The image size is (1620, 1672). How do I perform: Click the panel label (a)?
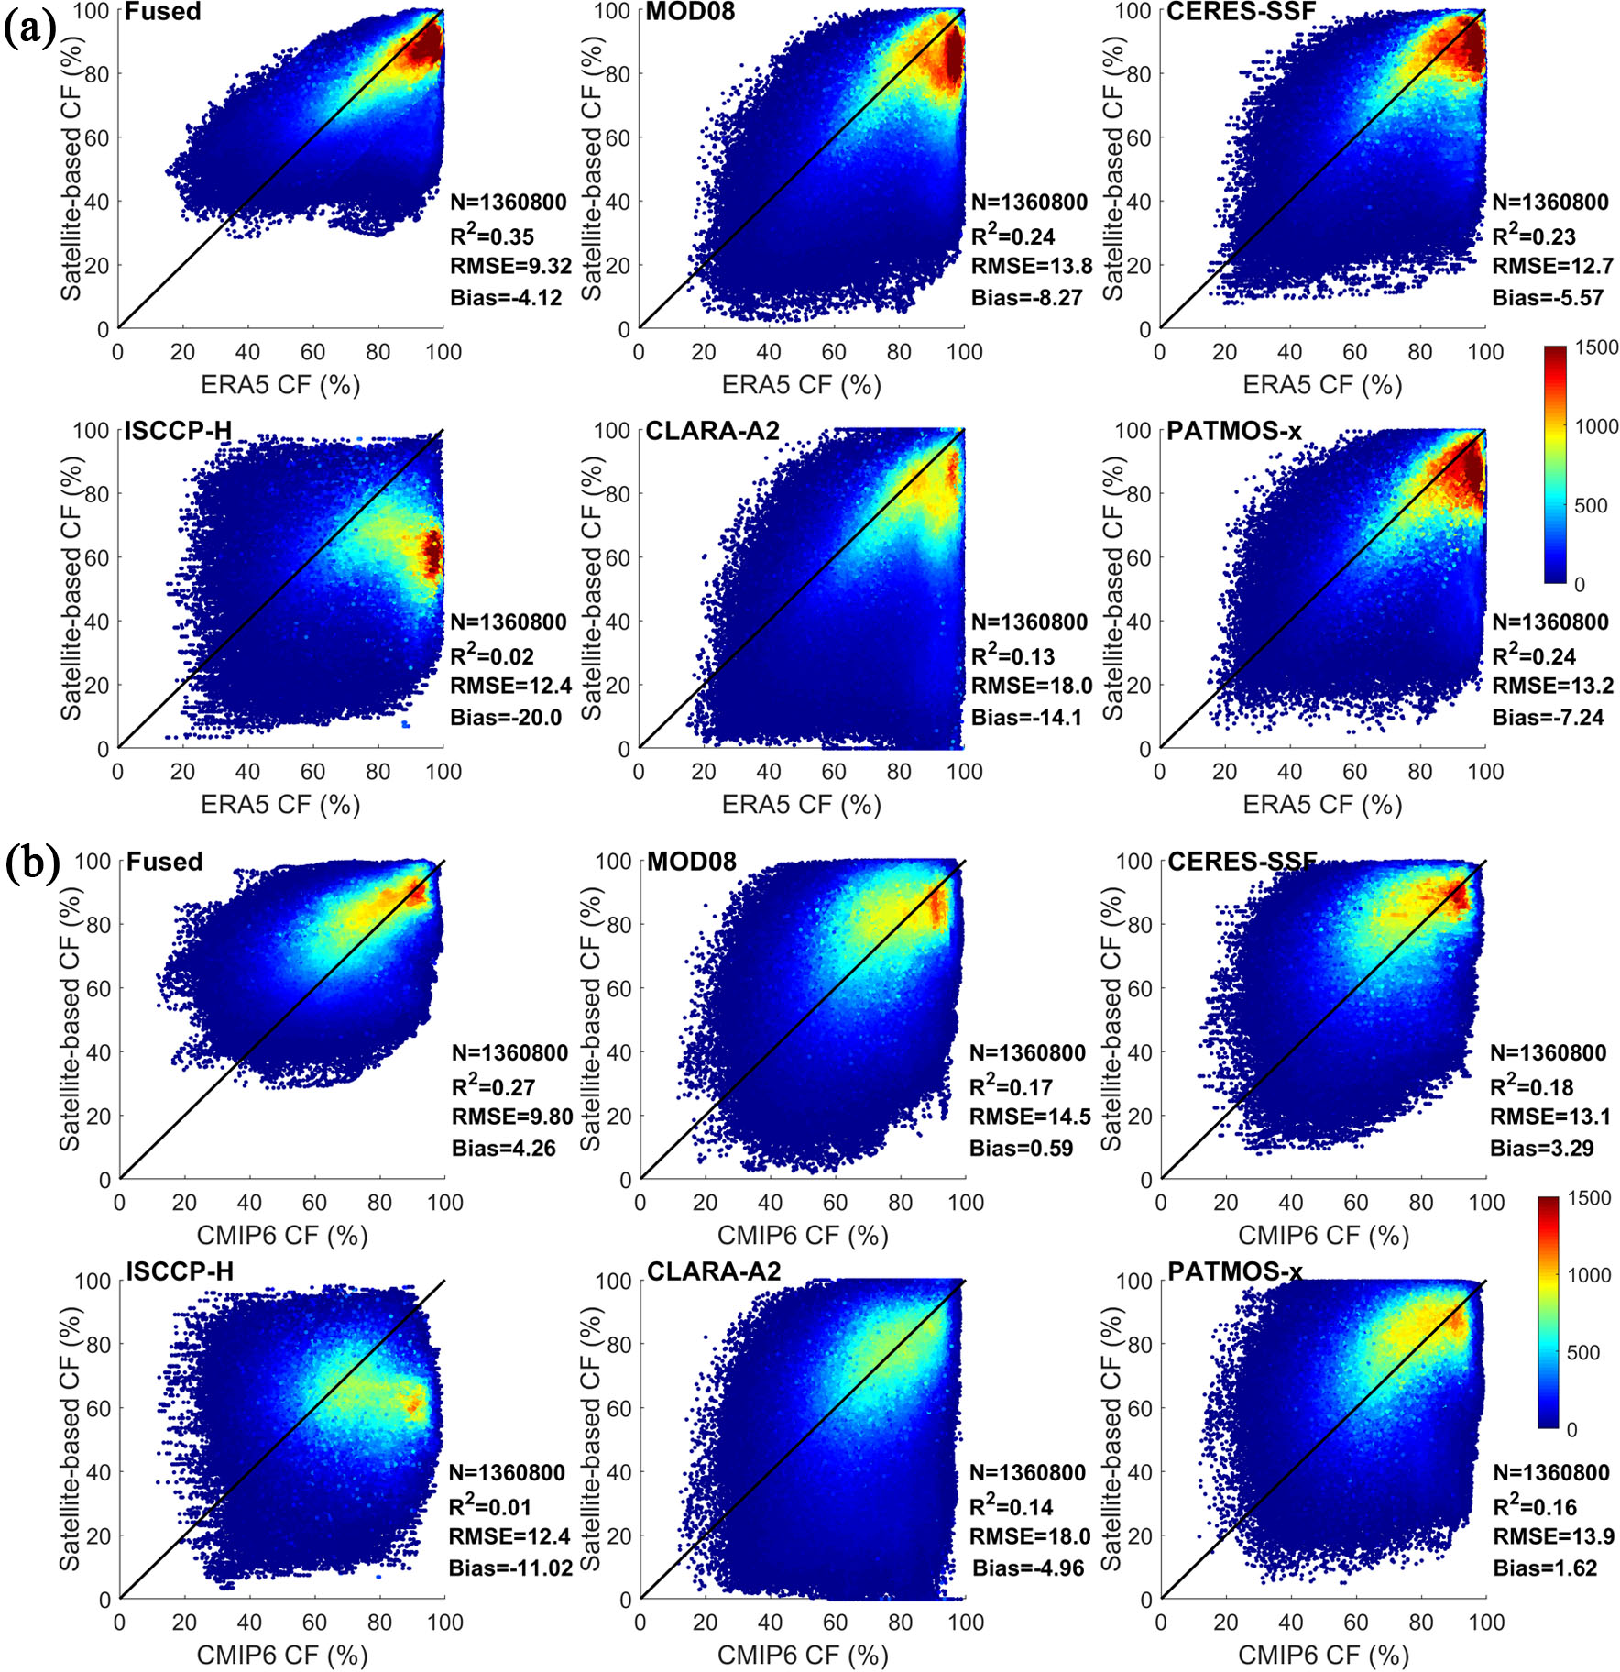coord(29,29)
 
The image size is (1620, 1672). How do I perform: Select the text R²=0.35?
coord(492,236)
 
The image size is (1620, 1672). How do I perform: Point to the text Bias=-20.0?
coord(506,717)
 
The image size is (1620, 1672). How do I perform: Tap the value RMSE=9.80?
coord(511,1116)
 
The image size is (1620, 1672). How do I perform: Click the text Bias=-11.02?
coord(510,1568)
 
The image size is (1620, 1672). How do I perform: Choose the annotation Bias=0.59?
coord(1021,1148)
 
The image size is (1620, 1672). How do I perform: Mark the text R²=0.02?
coord(492,655)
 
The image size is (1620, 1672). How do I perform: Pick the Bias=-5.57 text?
coord(1548,297)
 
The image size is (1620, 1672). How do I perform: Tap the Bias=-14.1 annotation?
coord(1026,717)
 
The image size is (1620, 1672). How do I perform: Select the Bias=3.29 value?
coord(1542,1148)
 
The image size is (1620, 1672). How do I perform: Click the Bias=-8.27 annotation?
coord(1026,297)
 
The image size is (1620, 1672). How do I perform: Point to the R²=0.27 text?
coord(493,1086)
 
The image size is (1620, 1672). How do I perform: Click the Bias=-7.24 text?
coord(1548,717)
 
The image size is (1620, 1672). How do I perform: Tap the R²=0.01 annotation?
coord(490,1506)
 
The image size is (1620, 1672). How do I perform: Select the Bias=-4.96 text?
coord(1028,1568)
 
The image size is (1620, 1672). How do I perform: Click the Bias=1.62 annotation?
coord(1545,1568)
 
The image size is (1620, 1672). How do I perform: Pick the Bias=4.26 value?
coord(503,1148)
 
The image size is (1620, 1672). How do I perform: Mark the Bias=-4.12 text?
coord(506,297)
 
